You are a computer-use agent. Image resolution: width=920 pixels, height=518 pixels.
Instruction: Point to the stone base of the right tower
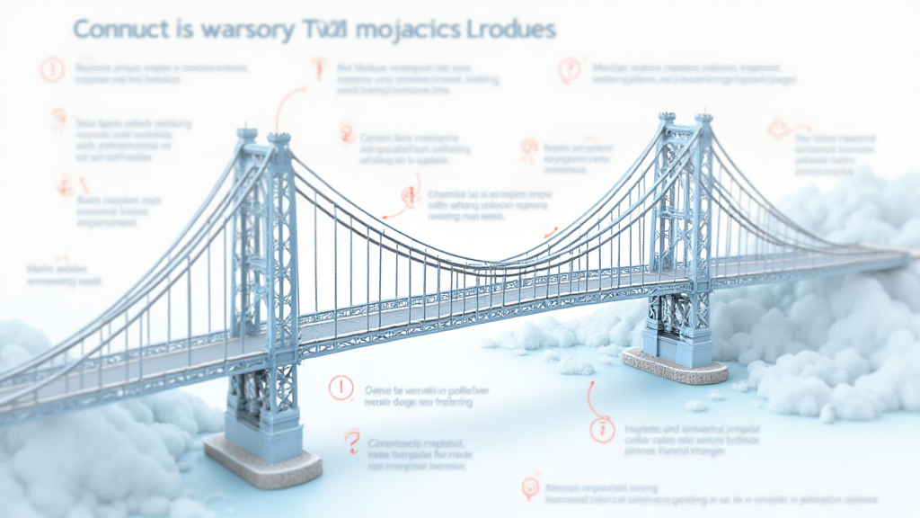coord(676,364)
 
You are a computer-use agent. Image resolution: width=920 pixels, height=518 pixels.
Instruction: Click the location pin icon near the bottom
coord(529,488)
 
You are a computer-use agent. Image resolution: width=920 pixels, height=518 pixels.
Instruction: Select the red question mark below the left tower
coord(352,441)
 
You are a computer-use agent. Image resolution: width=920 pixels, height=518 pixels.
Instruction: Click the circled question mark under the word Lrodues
coord(569,69)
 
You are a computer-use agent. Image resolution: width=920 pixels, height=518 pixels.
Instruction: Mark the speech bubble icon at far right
coord(778,129)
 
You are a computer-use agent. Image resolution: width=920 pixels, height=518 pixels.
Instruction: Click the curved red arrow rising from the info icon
coord(592,396)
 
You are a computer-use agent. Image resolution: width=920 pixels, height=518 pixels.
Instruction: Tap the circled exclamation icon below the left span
coord(341,388)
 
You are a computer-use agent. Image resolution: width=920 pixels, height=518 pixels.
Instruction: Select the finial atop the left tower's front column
coord(279,138)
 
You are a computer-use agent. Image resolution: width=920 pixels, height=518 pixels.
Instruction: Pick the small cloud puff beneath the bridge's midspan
coord(575,365)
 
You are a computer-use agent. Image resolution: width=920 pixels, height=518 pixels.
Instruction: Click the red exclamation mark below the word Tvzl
coord(317,67)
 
